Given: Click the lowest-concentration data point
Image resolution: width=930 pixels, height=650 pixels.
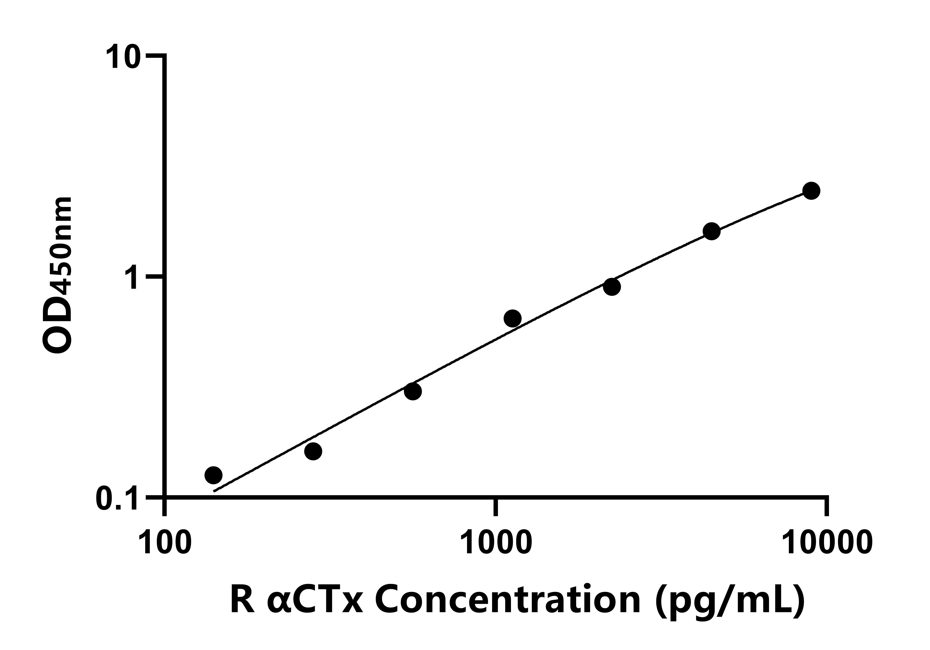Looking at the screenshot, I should click(213, 475).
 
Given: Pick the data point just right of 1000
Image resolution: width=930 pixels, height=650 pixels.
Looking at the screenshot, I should click(512, 318).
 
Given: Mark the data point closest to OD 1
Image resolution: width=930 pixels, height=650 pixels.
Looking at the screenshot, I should click(612, 287).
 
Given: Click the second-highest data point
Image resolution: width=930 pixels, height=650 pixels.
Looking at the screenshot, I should click(712, 231).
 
